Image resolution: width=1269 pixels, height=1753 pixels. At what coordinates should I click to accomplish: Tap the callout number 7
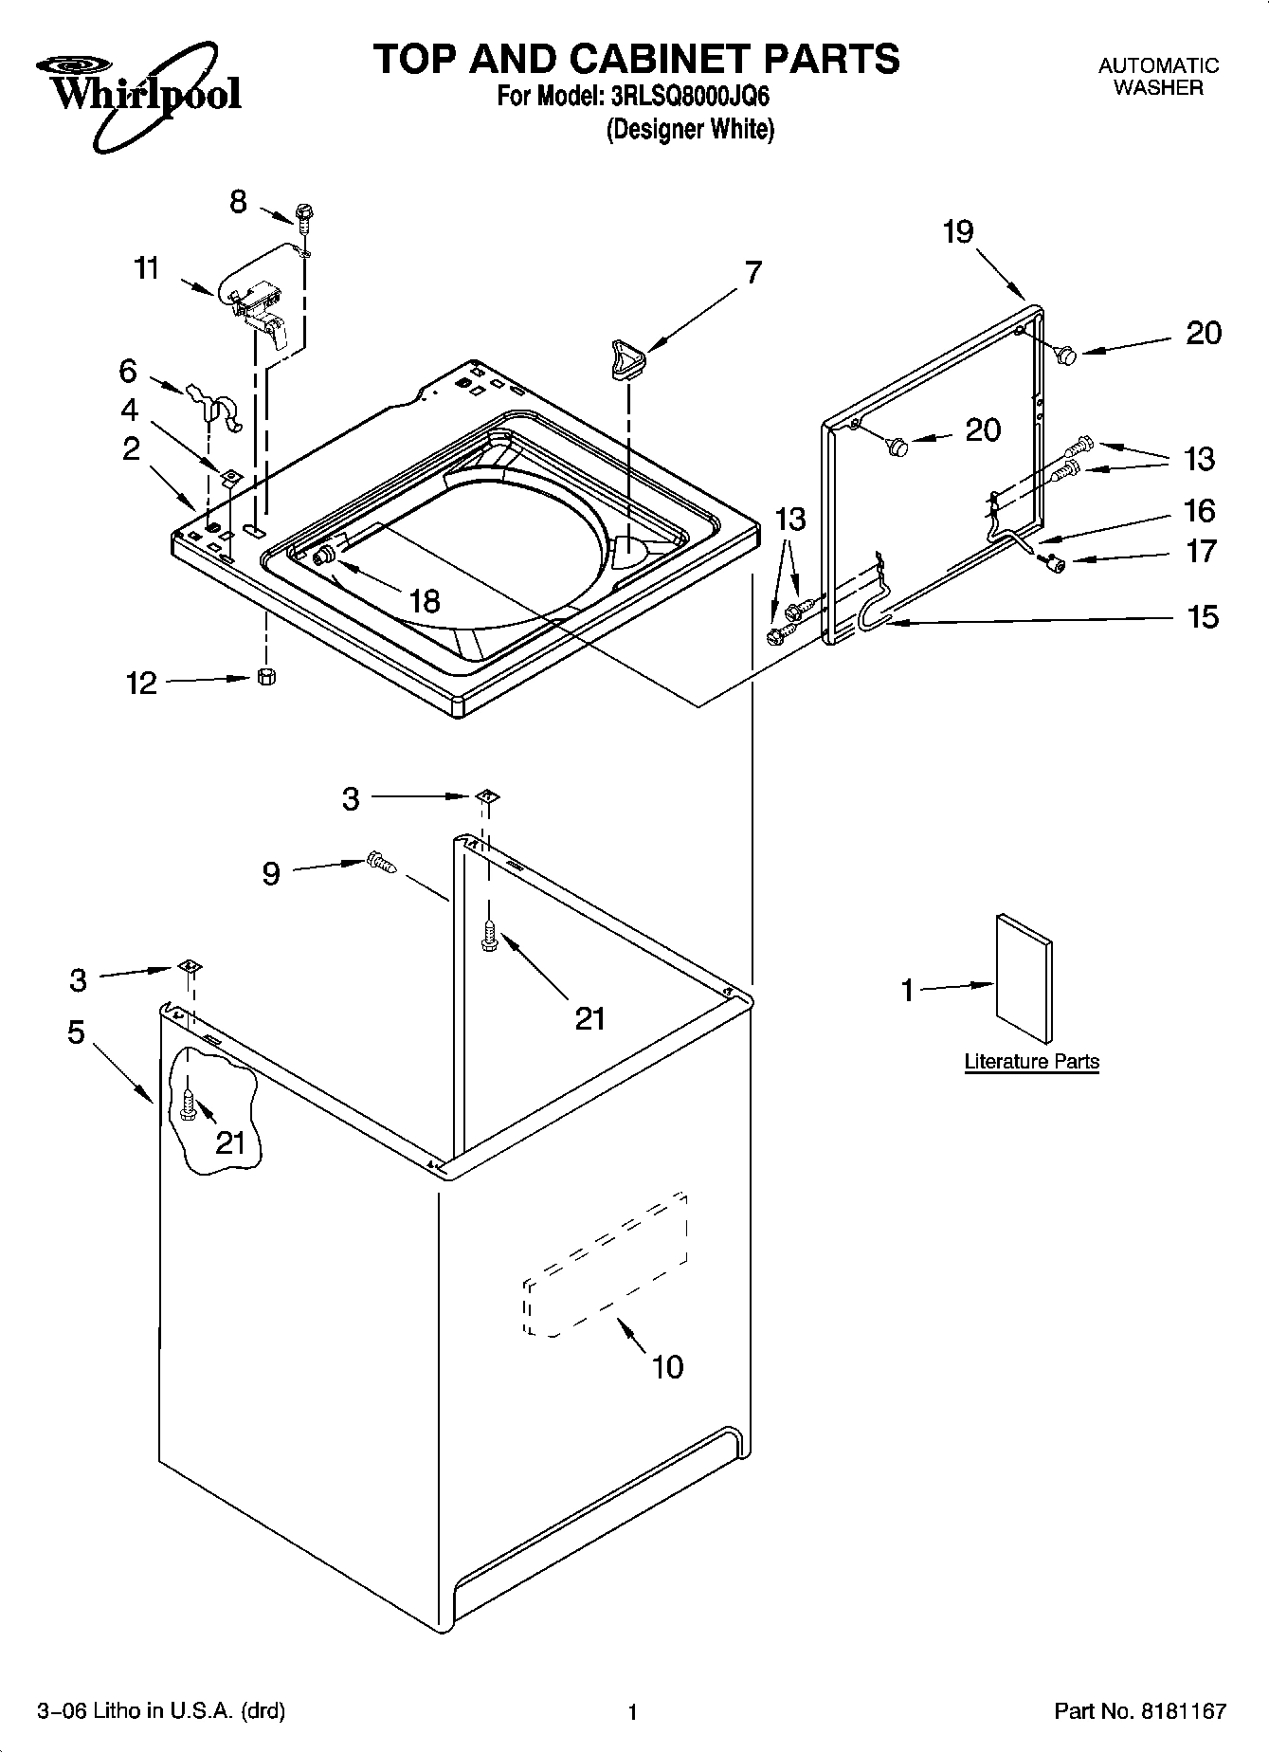coord(752,272)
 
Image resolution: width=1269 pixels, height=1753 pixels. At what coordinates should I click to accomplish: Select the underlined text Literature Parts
coord(1031,1061)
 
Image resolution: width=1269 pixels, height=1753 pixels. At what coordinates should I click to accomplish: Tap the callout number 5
coord(77,1032)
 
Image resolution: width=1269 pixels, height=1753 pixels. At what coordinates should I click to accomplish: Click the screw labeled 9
coord(381,862)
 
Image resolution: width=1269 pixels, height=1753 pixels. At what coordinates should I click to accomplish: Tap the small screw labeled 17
coord(1053,563)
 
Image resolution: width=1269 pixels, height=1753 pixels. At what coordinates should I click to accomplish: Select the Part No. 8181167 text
coord(1140,1711)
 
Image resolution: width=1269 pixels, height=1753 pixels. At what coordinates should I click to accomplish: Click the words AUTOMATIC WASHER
coord(1158,76)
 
